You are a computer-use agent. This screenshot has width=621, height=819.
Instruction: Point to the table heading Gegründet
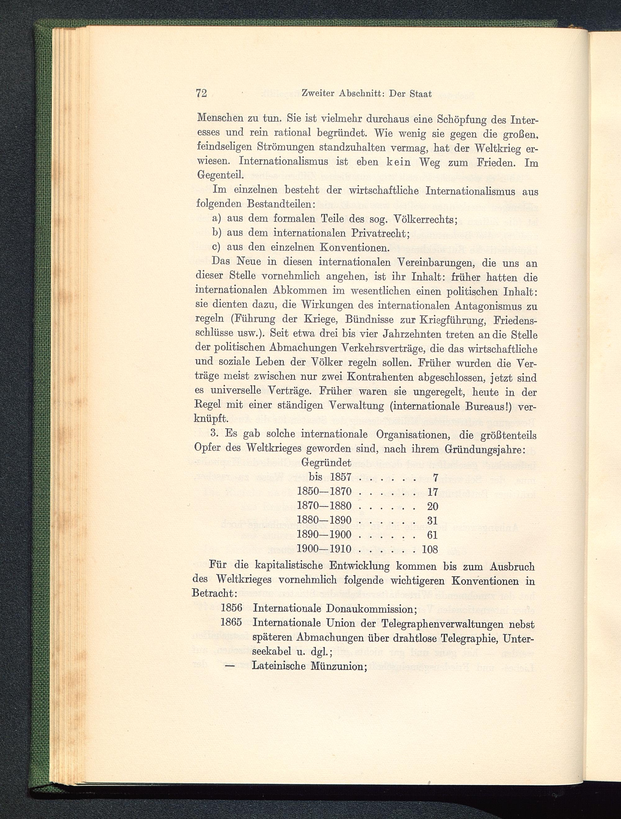327,462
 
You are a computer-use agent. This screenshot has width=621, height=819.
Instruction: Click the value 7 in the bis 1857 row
436,478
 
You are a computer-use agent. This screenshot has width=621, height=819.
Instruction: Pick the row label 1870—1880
324,506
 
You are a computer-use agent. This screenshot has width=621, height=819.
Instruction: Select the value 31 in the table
433,521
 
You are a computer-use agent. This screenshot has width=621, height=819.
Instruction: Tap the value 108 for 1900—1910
430,549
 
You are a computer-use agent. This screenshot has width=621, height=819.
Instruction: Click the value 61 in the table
433,535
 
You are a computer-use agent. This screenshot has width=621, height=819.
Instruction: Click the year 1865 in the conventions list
231,622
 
